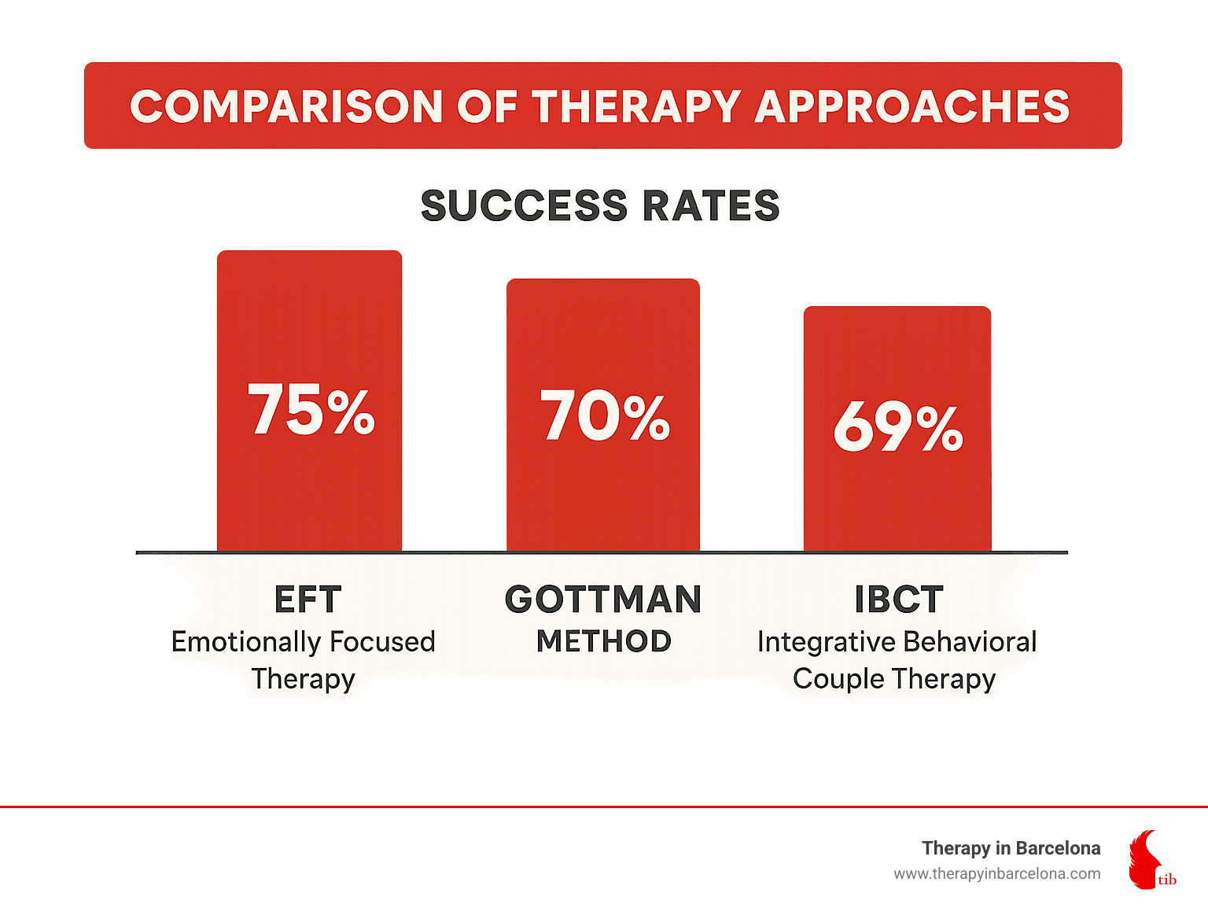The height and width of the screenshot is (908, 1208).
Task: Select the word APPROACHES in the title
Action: [x=912, y=106]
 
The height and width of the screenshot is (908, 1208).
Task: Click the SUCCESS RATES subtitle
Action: [x=600, y=206]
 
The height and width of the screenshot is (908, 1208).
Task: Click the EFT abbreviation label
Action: [x=308, y=600]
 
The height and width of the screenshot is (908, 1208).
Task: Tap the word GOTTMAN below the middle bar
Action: [x=603, y=600]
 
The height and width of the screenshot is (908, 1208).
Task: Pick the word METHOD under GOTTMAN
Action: [x=603, y=641]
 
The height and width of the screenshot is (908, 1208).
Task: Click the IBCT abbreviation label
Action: [x=898, y=600]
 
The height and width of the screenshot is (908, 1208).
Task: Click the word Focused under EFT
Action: [x=382, y=642]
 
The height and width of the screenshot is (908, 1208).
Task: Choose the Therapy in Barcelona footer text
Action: [x=1011, y=848]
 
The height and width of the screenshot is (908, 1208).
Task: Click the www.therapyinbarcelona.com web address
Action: [x=996, y=874]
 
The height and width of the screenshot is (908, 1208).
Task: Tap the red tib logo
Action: [x=1149, y=860]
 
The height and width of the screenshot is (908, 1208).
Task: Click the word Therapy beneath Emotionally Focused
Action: [x=304, y=678]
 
